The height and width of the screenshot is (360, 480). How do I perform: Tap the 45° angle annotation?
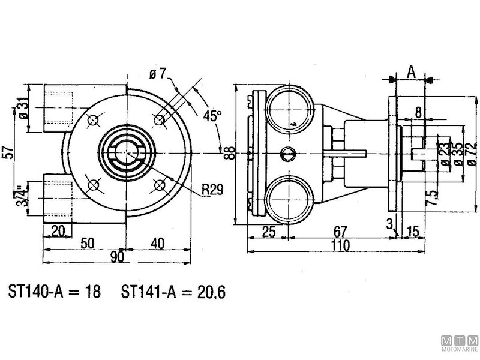(212, 115)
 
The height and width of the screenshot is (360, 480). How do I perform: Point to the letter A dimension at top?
(411, 72)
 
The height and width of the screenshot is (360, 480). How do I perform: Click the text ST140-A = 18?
(55, 292)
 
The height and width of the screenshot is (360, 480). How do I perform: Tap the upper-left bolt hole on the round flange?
(93, 120)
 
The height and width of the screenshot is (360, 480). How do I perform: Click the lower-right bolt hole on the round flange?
(159, 184)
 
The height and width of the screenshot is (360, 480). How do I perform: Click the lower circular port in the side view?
(289, 200)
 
